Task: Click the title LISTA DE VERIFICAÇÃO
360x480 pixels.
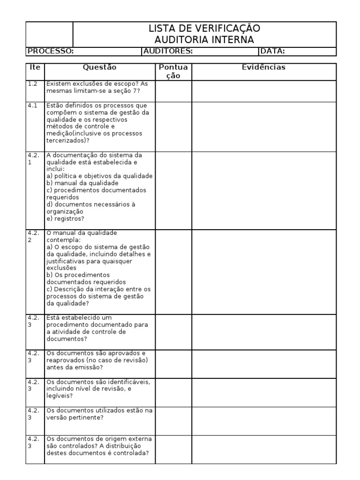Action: pyautogui.click(x=204, y=29)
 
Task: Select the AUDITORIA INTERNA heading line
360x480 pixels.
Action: pyautogui.click(x=204, y=40)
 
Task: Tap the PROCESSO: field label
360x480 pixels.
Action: pyautogui.click(x=49, y=52)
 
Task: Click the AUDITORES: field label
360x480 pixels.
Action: pyautogui.click(x=167, y=52)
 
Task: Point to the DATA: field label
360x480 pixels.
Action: pyautogui.click(x=273, y=52)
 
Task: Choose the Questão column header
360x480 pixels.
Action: pyautogui.click(x=99, y=67)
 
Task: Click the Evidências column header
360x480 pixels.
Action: pyautogui.click(x=263, y=67)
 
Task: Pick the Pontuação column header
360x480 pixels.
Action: pyautogui.click(x=173, y=72)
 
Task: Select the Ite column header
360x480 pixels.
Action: pyautogui.click(x=35, y=67)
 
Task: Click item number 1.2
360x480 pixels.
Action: pyautogui.click(x=32, y=84)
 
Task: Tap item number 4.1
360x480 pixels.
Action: pyautogui.click(x=32, y=105)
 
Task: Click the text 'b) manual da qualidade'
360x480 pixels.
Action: pyautogui.click(x=82, y=183)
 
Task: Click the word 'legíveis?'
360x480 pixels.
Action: pyautogui.click(x=60, y=396)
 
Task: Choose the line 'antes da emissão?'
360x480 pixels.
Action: pyautogui.click(x=75, y=367)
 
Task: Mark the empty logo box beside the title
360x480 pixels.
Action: pyautogui.click(x=49, y=34)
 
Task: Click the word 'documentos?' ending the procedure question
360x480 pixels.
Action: pyautogui.click(x=67, y=339)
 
